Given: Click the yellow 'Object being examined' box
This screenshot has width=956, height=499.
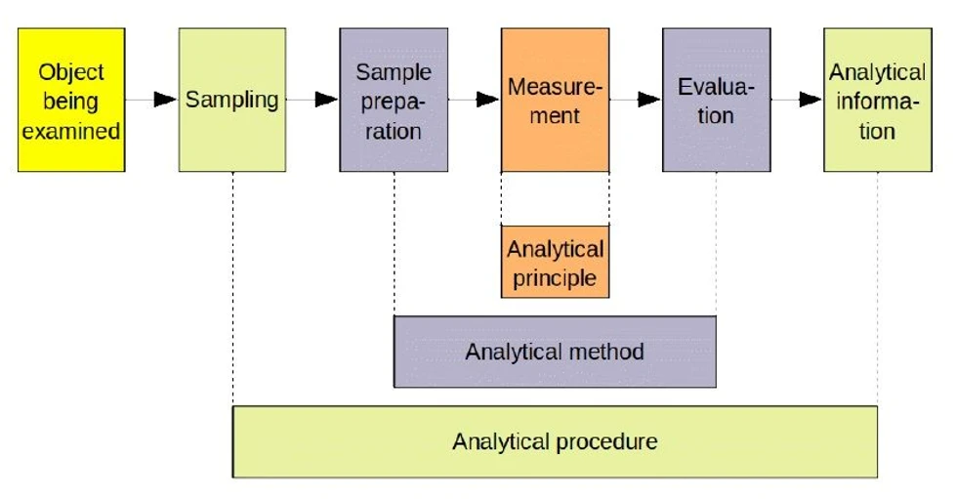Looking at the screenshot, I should (71, 100).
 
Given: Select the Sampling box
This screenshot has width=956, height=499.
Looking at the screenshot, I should (232, 100).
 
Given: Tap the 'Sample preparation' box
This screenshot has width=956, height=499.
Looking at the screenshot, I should (394, 100).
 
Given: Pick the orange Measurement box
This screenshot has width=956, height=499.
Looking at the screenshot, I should (555, 100).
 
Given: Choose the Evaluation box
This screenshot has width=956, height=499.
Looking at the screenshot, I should (716, 100).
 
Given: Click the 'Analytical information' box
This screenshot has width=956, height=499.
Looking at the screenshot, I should (877, 100).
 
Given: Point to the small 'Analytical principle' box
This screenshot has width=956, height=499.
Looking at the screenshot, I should (555, 262).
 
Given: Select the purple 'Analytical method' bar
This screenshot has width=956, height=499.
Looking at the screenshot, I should (555, 352).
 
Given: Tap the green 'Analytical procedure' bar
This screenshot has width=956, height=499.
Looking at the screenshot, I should (555, 441).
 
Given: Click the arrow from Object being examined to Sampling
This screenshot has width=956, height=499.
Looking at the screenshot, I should (152, 100).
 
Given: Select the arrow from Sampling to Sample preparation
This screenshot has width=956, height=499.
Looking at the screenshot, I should (313, 100).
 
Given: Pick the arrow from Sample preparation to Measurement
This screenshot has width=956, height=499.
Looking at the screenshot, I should (475, 100).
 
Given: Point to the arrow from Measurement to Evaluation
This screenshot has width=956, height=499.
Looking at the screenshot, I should (636, 100).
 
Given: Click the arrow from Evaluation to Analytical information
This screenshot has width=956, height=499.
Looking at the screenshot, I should (797, 100).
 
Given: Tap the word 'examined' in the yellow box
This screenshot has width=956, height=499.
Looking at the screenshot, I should (71, 130).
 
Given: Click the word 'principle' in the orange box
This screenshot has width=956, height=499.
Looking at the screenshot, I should (555, 277).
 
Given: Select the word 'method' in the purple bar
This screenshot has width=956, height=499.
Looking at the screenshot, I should (607, 352).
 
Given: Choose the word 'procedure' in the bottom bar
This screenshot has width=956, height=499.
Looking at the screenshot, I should (606, 441).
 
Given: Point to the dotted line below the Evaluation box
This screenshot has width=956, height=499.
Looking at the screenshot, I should (716, 244).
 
